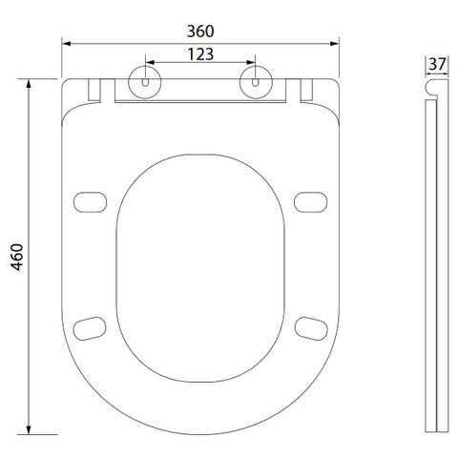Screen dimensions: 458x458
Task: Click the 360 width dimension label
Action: coord(200,31)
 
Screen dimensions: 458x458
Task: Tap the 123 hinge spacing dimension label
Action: coord(200,54)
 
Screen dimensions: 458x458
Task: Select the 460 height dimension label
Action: coord(17,257)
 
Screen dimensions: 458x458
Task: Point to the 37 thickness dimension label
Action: coord(437,64)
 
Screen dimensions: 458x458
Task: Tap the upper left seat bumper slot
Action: coord(90,202)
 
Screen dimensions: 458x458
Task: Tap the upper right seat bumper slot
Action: coord(310,202)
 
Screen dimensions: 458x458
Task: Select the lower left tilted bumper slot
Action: coord(90,328)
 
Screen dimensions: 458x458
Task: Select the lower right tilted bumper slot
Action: coord(311,328)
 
